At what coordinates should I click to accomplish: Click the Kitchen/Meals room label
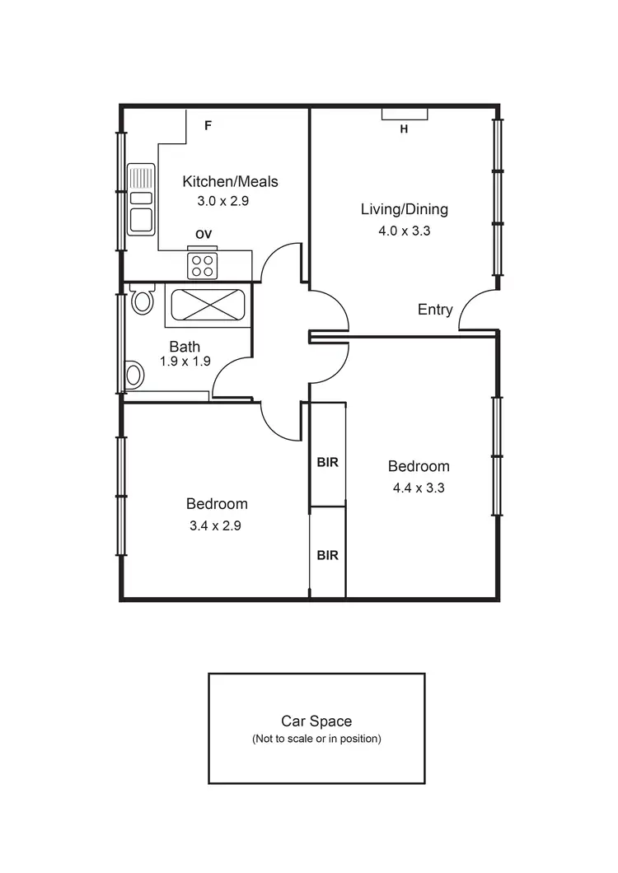coord(230,181)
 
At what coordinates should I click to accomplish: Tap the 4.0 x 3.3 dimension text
coord(404,231)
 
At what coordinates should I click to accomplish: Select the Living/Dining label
coord(404,209)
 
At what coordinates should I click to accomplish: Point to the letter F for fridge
coord(208,126)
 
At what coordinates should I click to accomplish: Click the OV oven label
coord(204,235)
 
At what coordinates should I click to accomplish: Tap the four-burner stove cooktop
coord(203,265)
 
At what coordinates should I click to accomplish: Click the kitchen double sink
coord(142,198)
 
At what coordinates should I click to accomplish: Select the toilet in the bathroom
coord(143,299)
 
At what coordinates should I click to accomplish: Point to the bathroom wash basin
coord(133,375)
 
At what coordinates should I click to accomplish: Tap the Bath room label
coord(185,347)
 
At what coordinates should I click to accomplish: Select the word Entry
coord(435,310)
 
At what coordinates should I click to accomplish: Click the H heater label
coord(404,128)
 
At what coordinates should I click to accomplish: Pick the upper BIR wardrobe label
coord(327,462)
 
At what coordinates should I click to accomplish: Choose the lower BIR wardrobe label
coord(327,555)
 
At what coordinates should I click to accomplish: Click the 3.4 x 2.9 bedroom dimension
coord(216,525)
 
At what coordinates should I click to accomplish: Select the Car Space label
coord(316,721)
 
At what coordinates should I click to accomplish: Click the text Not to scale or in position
coord(316,739)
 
